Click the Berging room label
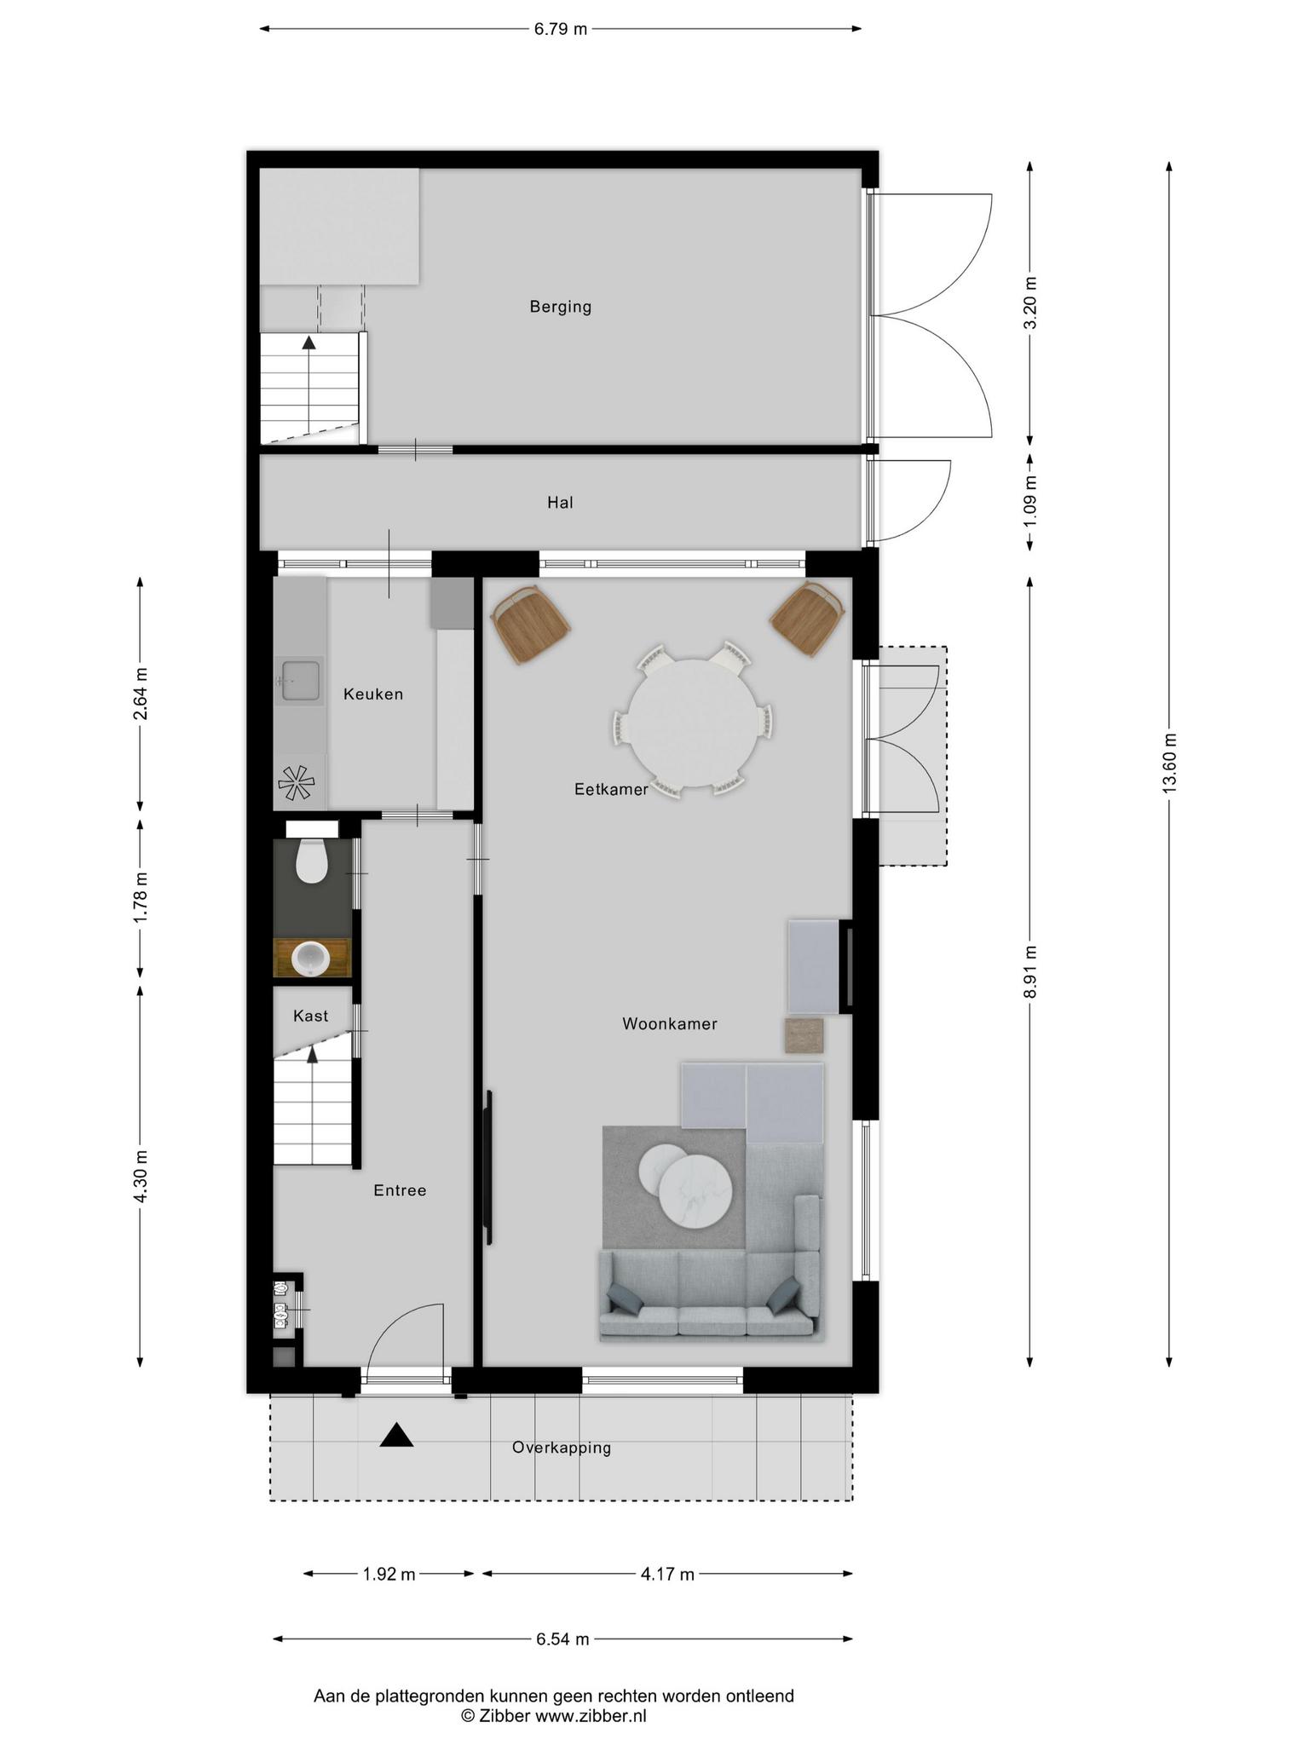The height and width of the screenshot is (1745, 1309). (560, 307)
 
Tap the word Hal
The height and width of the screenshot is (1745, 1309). (560, 503)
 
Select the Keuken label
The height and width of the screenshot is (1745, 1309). (373, 694)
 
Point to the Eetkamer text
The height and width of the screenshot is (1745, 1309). (611, 790)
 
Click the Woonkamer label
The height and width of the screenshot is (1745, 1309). (670, 1024)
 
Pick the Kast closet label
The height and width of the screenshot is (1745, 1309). (310, 1016)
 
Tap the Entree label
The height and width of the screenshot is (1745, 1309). (400, 1190)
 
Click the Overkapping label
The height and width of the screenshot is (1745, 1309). (562, 1448)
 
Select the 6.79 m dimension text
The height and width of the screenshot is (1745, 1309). (561, 29)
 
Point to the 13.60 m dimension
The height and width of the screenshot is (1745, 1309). (1168, 763)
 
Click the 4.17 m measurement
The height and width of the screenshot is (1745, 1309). (667, 1575)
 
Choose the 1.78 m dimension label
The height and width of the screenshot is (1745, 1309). (141, 896)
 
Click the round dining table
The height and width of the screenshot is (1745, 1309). (694, 723)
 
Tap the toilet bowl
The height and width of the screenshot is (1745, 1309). (312, 861)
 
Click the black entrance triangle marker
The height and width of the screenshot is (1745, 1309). (396, 1436)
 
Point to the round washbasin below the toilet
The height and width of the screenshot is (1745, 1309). (311, 959)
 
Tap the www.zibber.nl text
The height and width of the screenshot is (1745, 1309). (591, 1716)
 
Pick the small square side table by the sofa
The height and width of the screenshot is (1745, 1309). (804, 1035)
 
